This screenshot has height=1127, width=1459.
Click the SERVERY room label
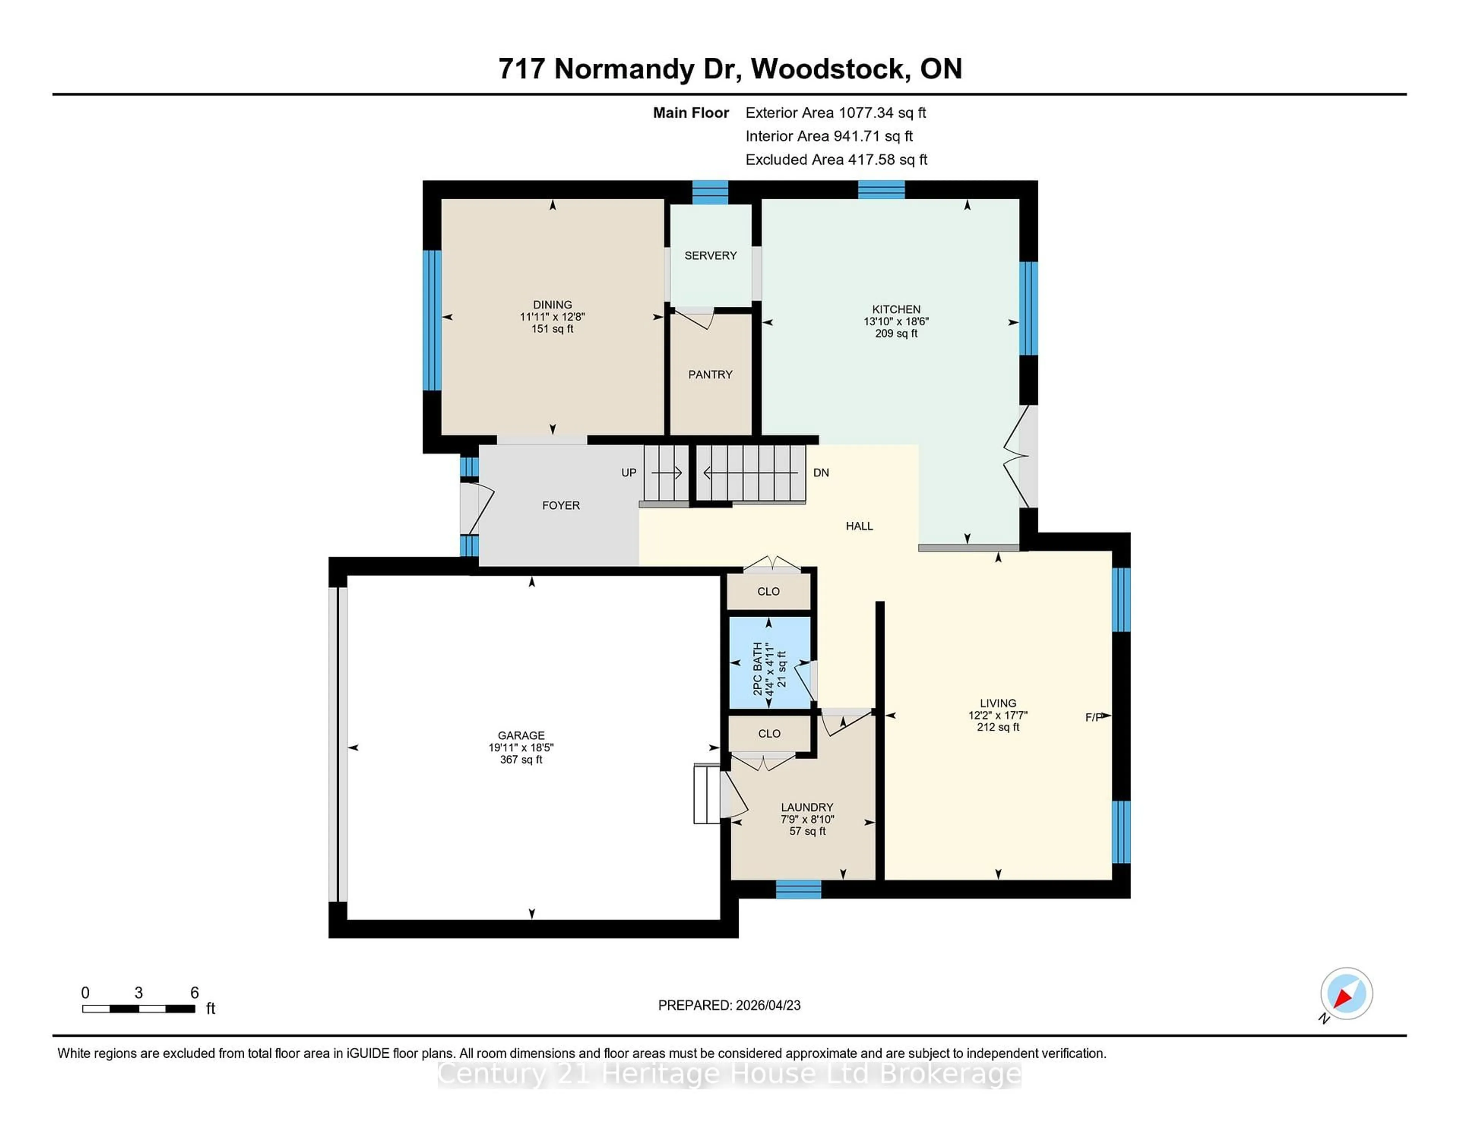[x=710, y=256]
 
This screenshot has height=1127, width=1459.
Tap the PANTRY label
[x=710, y=374]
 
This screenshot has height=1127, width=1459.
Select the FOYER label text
[x=560, y=505]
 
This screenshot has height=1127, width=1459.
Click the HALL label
[x=859, y=526]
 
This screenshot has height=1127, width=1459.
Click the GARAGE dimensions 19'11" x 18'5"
[x=521, y=748]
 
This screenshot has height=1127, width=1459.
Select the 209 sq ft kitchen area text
[x=896, y=333]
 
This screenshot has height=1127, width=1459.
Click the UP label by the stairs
[x=629, y=473]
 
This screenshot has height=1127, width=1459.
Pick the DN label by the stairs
[x=821, y=473]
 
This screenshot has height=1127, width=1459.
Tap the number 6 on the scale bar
[x=195, y=993]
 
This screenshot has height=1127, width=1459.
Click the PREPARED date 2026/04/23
[x=729, y=1005]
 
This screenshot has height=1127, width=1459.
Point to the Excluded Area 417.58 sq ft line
[x=836, y=159]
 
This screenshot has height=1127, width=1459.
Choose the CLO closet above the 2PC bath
[x=768, y=592]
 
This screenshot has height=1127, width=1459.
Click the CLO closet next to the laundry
[x=769, y=734]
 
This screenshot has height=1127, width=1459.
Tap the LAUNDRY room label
[x=807, y=807]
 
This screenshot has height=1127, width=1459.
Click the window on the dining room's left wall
[x=432, y=320]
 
